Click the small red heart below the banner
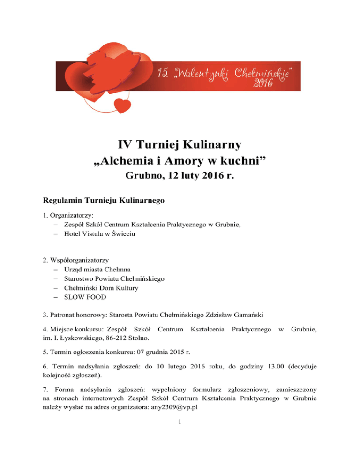(124, 105)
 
